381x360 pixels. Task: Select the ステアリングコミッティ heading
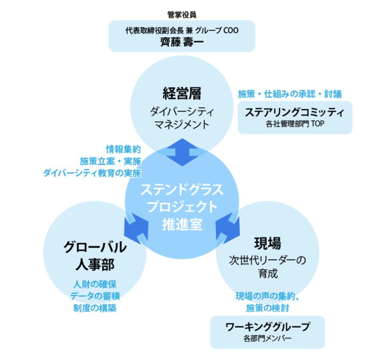pyautogui.click(x=295, y=113)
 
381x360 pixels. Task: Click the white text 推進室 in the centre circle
pyautogui.click(x=182, y=225)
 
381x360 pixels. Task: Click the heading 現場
pyautogui.click(x=267, y=243)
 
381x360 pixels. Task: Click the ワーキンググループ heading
pyautogui.click(x=267, y=327)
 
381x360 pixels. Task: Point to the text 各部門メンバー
pyautogui.click(x=267, y=338)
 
